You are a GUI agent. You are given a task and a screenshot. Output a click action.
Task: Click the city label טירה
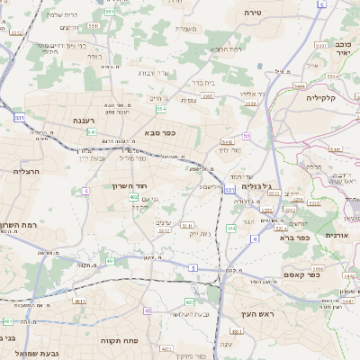[x=253, y=13]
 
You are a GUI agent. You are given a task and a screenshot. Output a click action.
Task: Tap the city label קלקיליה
[x=320, y=96]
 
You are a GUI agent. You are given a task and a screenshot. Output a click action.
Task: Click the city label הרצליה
[x=26, y=170]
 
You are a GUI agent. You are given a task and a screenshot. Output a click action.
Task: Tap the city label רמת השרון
[x=17, y=226]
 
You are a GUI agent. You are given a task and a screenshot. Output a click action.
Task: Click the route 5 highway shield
[x=193, y=267]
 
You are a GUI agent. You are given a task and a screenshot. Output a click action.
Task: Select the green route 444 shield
[x=230, y=229]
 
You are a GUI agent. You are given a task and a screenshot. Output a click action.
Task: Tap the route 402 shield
[x=134, y=197]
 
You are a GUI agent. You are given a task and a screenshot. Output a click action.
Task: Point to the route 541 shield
[x=93, y=131]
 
